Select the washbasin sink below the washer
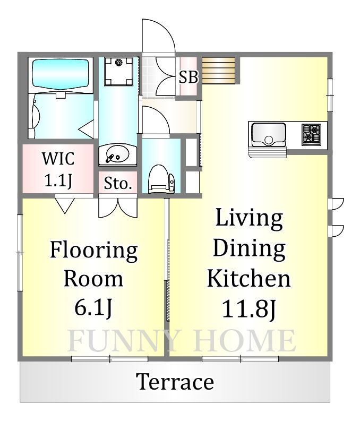pyautogui.click(x=118, y=155)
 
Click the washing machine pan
pyautogui.click(x=118, y=71)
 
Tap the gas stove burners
pyautogui.click(x=311, y=133)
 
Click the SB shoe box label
pyautogui.click(x=188, y=77)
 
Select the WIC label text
pyautogui.click(x=58, y=159)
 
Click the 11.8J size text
pyautogui.click(x=249, y=308)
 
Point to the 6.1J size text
pyautogui.click(x=93, y=307)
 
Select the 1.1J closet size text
pyautogui.click(x=58, y=180)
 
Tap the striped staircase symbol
pyautogui.click(x=219, y=70)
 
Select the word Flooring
pyautogui.click(x=93, y=251)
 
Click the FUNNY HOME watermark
pyautogui.click(x=182, y=341)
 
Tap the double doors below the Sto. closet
pyautogui.click(x=118, y=208)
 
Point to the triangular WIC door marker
pyautogui.click(x=65, y=205)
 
